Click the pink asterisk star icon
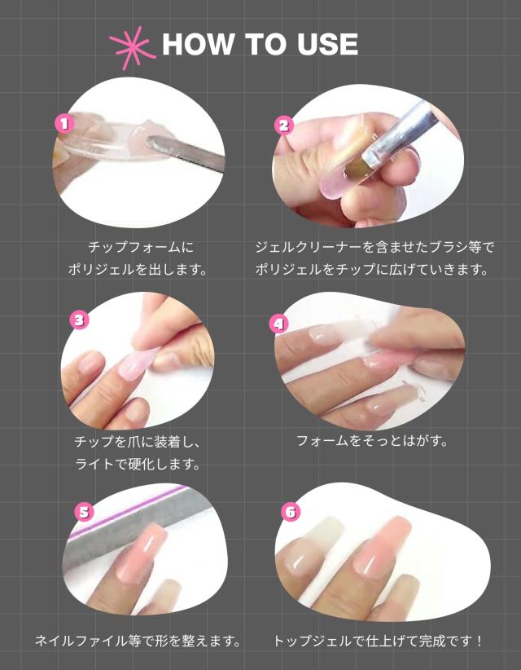[132, 47]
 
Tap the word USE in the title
[328, 44]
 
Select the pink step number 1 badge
[64, 124]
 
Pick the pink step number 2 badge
[284, 126]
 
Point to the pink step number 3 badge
[79, 320]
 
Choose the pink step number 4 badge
[278, 324]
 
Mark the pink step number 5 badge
[84, 512]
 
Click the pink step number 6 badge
[291, 512]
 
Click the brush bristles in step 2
[353, 171]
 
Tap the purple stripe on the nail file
[128, 511]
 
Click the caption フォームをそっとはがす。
[372, 440]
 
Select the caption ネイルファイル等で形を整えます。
[138, 641]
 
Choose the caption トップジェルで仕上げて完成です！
[378, 641]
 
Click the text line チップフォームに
[141, 247]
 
